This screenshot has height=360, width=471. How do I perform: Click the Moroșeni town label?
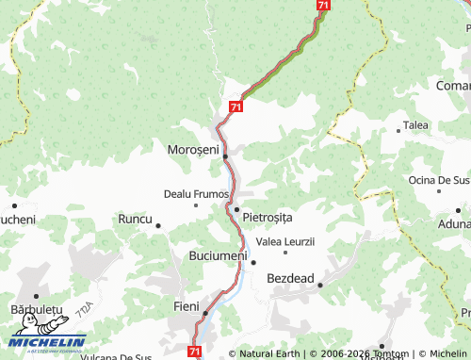coord(192,150)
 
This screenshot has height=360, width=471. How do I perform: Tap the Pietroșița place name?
coord(268,218)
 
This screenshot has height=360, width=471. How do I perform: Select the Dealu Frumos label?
coord(196,193)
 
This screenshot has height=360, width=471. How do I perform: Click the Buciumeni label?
coord(218,255)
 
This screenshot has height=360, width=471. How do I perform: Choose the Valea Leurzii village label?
coord(284,241)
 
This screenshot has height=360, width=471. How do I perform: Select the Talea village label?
coord(415,124)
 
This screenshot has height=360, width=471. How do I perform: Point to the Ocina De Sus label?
coord(439,179)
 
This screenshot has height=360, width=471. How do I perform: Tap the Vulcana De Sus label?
coord(116,356)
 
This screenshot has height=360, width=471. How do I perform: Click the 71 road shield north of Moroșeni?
coord(235,108)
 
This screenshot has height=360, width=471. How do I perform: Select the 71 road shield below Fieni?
coord(194,351)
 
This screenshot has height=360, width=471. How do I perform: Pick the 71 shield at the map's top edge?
coord(323,6)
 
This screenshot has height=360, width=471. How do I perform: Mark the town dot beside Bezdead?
coord(320,284)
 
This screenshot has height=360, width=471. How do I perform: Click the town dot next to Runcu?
coord(157,225)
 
